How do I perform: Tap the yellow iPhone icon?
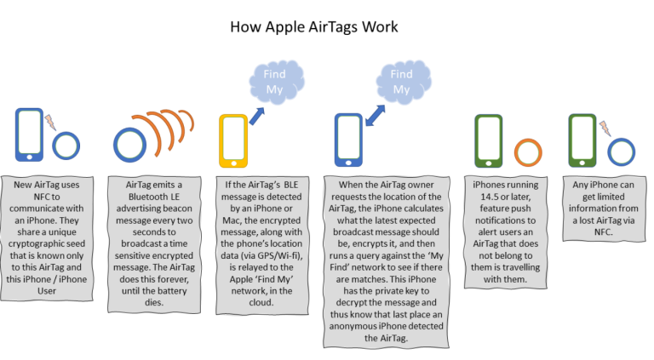point(233,140)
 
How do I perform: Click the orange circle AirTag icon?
point(528,152)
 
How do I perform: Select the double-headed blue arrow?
point(375,116)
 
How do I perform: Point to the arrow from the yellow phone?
point(257,117)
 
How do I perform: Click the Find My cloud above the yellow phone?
point(276,82)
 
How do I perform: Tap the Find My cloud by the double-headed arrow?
point(403,82)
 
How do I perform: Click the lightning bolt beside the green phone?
point(605,129)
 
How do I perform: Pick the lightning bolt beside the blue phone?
point(50,122)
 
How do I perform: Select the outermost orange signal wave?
point(189,120)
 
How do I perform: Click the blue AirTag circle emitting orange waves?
point(129,145)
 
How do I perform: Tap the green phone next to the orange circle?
point(489,140)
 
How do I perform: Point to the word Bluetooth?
point(147,197)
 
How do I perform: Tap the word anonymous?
point(352,326)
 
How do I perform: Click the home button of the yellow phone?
point(233,163)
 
